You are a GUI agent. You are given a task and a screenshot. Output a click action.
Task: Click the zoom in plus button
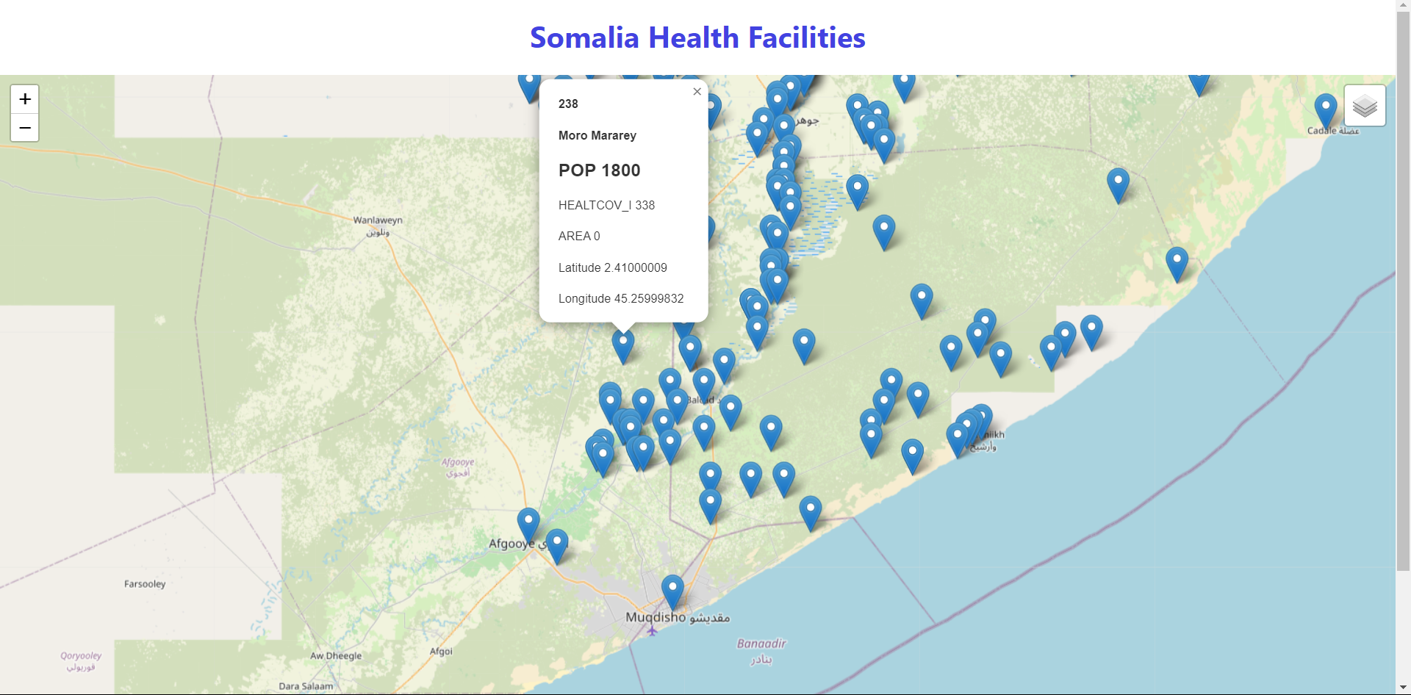point(25,99)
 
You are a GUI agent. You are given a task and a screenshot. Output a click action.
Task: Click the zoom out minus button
point(25,128)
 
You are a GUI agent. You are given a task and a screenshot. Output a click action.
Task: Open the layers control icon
point(1365,106)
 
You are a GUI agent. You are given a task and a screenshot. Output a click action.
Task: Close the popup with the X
point(697,92)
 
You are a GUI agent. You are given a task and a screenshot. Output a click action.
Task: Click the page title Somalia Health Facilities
point(697,37)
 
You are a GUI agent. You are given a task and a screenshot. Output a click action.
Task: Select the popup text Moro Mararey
point(597,135)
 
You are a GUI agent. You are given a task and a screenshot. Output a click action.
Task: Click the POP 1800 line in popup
point(599,170)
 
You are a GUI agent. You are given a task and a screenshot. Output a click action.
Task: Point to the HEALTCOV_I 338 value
point(606,205)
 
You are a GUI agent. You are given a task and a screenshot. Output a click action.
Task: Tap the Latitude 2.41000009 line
point(612,267)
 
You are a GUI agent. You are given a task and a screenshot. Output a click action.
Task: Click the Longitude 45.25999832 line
point(620,298)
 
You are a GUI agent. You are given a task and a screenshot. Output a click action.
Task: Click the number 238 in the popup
point(568,104)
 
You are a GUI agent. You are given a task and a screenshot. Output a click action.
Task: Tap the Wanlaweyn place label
point(377,220)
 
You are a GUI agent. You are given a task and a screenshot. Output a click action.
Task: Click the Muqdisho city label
point(656,617)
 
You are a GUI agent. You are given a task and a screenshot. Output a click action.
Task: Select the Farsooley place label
point(145,584)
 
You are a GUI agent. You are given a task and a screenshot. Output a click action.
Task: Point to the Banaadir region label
point(761,644)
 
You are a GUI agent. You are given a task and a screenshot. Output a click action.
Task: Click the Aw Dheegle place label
point(336,656)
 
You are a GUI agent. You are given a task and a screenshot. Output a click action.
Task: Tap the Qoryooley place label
point(81,656)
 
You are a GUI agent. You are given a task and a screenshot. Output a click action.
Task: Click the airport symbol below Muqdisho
point(652,630)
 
